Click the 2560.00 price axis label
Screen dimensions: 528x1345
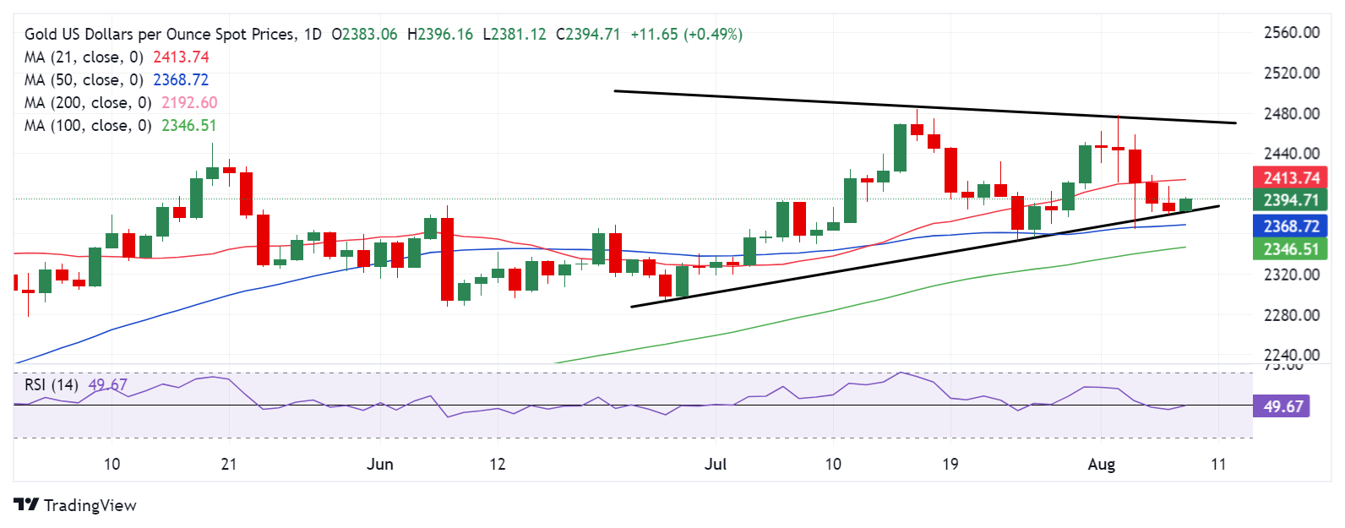[x=1291, y=33]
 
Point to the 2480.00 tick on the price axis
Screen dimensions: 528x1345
[x=1291, y=113]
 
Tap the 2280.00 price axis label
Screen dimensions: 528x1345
[x=1291, y=315]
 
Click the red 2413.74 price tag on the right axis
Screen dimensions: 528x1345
[x=1291, y=177]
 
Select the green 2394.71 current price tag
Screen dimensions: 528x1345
[x=1291, y=200]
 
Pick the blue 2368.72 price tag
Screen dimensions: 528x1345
[x=1291, y=226]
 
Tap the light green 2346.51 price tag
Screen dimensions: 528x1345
[x=1291, y=249]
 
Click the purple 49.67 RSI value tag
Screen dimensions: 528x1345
[x=1282, y=406]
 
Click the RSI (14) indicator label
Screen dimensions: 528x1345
[x=52, y=385]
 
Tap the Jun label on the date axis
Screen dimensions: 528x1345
[x=380, y=464]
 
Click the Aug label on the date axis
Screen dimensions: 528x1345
[x=1102, y=464]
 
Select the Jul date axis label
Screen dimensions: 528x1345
[x=716, y=464]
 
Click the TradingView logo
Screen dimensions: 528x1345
[x=75, y=505]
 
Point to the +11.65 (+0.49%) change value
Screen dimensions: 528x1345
[x=686, y=35]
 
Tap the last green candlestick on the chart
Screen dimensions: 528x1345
[x=1186, y=205]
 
